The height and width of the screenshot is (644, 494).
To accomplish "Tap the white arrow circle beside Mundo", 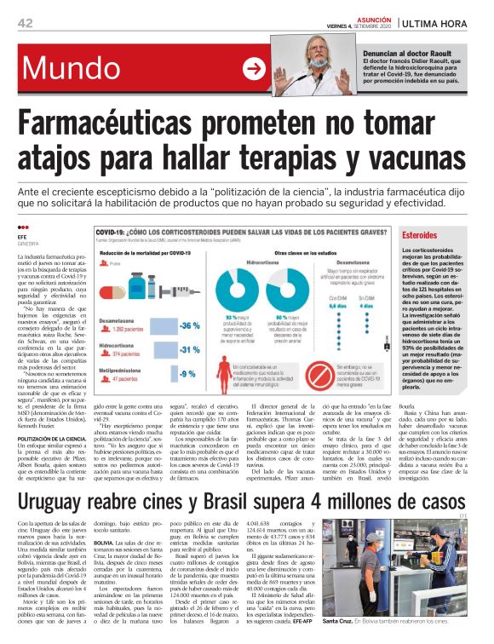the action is (x=254, y=70).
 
